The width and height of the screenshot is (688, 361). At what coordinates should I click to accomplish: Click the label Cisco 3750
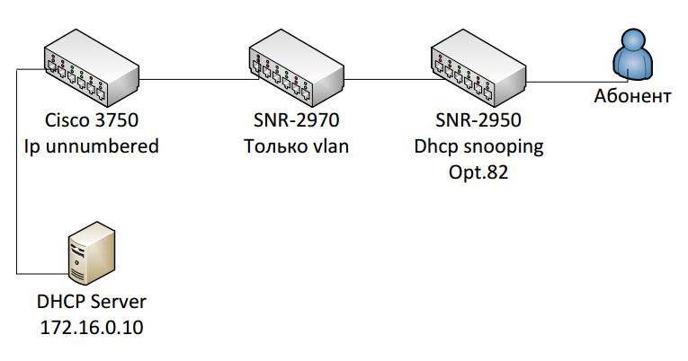(x=92, y=120)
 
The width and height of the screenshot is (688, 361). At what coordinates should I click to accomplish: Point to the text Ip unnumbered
(x=92, y=145)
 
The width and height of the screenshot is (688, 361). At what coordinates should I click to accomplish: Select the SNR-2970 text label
(x=297, y=120)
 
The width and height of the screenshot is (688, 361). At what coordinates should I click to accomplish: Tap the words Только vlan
(x=297, y=145)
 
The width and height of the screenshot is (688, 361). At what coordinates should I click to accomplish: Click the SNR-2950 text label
(x=477, y=120)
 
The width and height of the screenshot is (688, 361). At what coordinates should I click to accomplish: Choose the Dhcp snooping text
(x=477, y=145)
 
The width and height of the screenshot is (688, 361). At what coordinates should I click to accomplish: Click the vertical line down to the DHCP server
(x=17, y=180)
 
